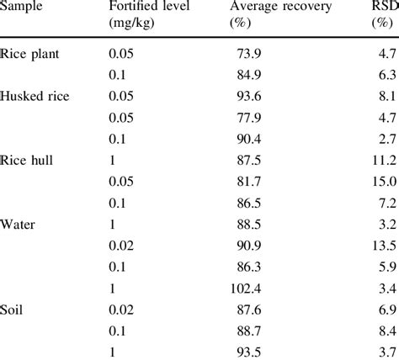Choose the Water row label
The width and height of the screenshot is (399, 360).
pyautogui.click(x=19, y=225)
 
